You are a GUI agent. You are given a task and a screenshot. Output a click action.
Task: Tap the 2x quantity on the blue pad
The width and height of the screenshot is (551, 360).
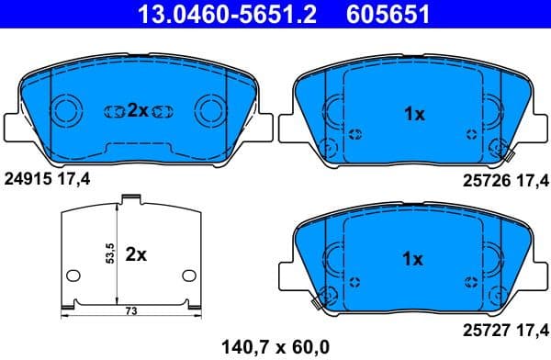(138, 111)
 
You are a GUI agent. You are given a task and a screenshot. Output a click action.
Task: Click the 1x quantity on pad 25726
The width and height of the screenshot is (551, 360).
(414, 114)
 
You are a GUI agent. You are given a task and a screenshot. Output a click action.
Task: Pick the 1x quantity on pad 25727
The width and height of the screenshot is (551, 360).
(414, 259)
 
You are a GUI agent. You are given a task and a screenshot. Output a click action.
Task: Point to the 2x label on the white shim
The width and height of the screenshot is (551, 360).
(136, 255)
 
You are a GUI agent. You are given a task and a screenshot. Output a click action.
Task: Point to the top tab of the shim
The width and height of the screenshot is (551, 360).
(130, 197)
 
